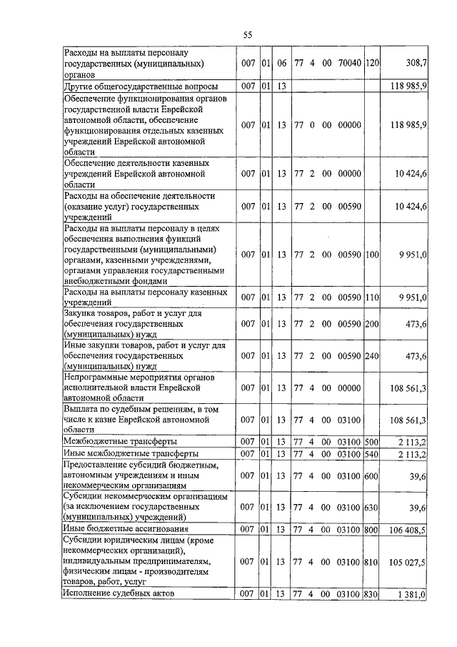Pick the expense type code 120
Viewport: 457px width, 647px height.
point(372,63)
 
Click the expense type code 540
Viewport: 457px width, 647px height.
point(372,453)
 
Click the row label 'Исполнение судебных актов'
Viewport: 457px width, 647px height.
point(119,594)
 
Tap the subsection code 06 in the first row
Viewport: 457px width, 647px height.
point(281,63)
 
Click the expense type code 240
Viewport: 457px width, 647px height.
point(372,355)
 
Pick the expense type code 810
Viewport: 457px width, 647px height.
point(372,563)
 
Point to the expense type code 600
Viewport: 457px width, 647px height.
point(372,475)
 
